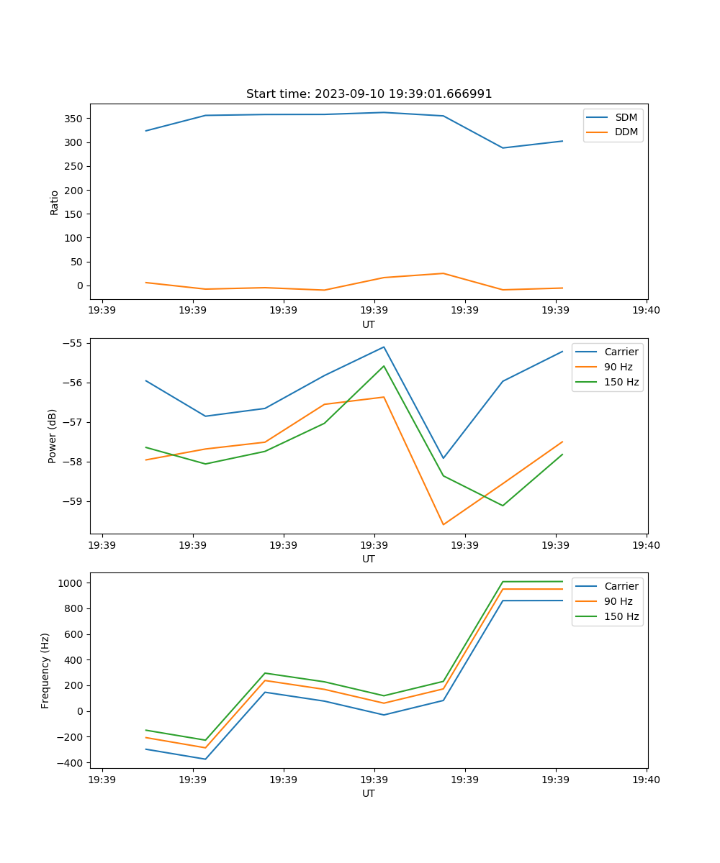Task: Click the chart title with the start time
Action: pos(369,94)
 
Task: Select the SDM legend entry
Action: pos(626,117)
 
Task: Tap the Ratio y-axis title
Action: pos(55,202)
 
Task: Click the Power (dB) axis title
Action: pos(53,436)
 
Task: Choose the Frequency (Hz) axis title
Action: pos(45,670)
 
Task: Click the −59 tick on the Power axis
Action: pos(76,501)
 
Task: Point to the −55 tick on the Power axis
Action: pos(76,343)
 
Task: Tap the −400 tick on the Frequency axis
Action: pos(72,763)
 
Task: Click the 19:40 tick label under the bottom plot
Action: pos(646,779)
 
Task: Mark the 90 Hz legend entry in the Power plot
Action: pos(618,367)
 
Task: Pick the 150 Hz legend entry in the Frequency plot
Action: pos(621,616)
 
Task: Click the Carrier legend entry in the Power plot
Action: pos(621,352)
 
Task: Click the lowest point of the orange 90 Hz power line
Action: pos(443,524)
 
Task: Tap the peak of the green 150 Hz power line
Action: pos(384,366)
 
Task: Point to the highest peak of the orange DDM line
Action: pos(443,273)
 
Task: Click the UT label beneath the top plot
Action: pos(369,324)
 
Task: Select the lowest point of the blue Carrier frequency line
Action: pos(205,759)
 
